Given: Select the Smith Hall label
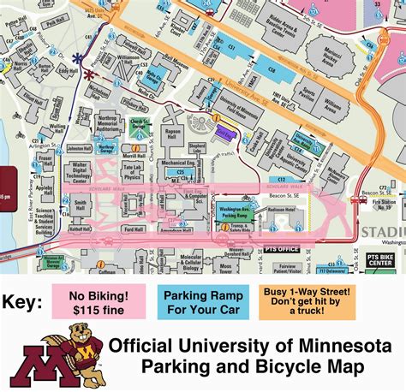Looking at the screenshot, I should tap(80, 205).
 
